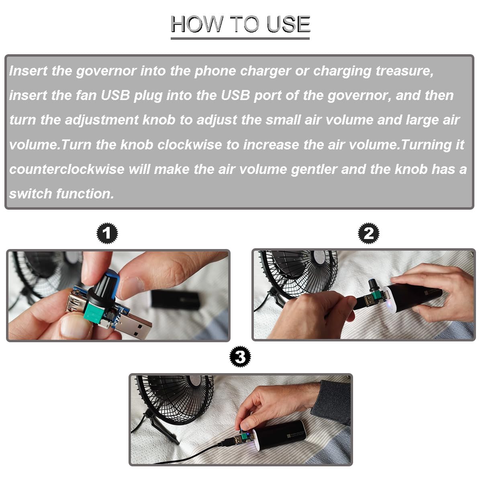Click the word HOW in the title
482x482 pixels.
point(196,24)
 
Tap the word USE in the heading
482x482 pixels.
point(288,24)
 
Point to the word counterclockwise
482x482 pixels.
point(67,169)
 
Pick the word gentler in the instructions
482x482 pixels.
point(314,170)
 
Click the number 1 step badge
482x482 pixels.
point(107,233)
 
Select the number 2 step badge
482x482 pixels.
point(369,233)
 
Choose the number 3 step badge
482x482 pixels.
point(240,356)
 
